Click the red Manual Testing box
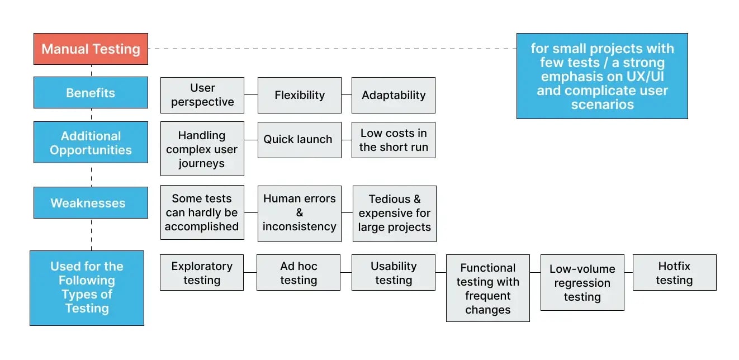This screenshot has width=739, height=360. pos(91,49)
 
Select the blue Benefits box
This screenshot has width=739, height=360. pos(91,93)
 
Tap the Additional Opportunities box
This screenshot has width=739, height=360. pos(91,143)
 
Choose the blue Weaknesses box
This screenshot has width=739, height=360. pos(91,203)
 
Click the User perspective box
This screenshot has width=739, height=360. pos(202,95)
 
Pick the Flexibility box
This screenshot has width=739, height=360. pos(300,95)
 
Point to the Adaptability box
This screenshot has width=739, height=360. pos(394,95)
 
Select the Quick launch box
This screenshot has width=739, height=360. pos(299,140)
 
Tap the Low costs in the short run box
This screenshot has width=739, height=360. pos(394,140)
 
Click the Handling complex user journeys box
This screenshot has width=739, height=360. pos(202,149)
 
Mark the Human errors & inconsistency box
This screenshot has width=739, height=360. pos(300,214)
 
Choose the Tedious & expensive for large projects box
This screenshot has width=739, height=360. pos(395,214)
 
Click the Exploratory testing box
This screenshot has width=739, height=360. pos(202,273)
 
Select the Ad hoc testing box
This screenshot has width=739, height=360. pos(299,273)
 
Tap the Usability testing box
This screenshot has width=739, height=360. pos(394,273)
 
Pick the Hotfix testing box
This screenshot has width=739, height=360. pos(674,273)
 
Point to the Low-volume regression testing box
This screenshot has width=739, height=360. pos(582,283)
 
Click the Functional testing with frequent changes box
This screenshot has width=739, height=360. pos(488,288)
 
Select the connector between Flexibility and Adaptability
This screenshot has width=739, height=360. pos(347,95)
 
